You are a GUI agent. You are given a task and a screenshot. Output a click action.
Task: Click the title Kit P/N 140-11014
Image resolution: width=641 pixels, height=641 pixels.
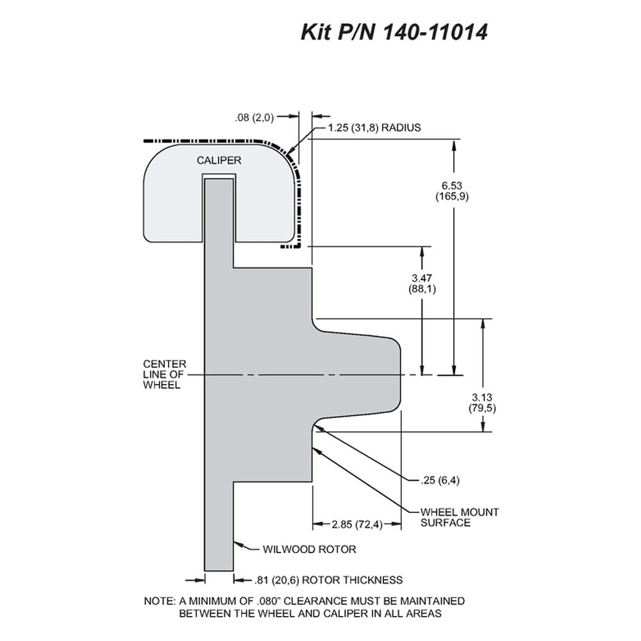pyautogui.click(x=394, y=32)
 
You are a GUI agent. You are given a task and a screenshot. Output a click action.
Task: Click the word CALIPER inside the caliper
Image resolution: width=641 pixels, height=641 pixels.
pyautogui.click(x=219, y=160)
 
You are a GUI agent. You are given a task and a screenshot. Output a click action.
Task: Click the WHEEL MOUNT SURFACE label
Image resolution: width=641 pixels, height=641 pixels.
pyautogui.click(x=460, y=517)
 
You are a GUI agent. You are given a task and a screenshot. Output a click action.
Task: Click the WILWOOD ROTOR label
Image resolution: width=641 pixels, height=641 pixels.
pyautogui.click(x=309, y=549)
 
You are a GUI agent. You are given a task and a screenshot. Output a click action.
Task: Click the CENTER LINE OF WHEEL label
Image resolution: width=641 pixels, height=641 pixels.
pyautogui.click(x=164, y=374)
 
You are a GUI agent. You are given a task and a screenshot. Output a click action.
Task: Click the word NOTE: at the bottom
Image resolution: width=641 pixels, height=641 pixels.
pyautogui.click(x=160, y=601)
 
